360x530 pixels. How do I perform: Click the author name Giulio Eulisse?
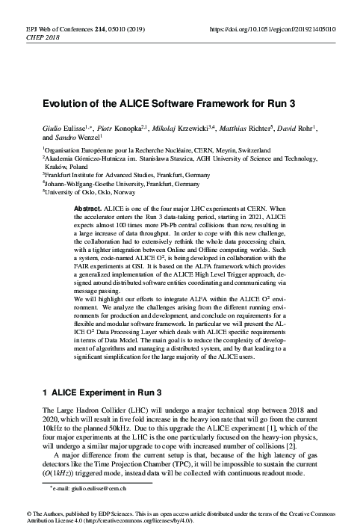(x=64, y=128)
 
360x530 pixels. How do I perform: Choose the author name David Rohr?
(x=291, y=128)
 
